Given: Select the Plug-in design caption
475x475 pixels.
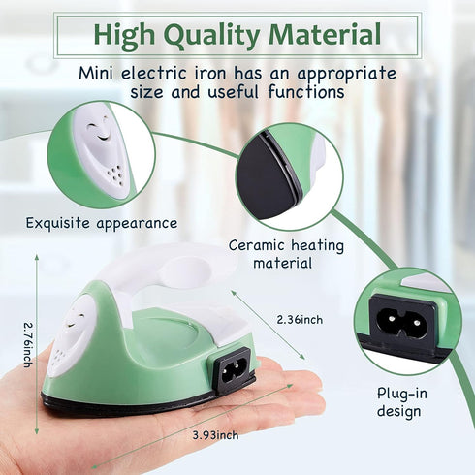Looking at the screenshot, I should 399,402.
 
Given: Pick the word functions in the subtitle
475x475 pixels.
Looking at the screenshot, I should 300,93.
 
